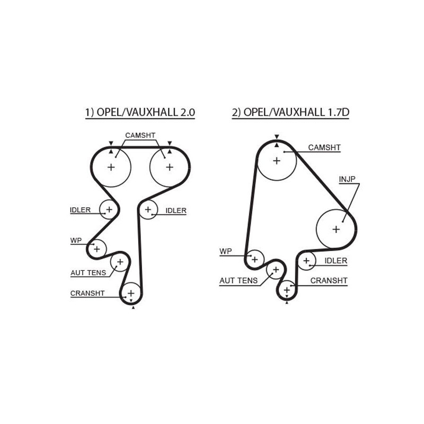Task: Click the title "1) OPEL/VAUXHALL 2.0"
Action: [x=140, y=112]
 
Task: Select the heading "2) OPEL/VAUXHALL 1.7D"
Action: [x=290, y=112]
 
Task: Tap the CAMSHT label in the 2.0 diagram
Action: [x=140, y=135]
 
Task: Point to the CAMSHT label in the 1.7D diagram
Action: [x=324, y=148]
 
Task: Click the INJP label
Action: [x=347, y=179]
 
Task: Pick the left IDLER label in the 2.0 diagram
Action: [x=80, y=210]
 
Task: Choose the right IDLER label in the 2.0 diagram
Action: [x=176, y=210]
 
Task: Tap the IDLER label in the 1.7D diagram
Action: [x=336, y=261]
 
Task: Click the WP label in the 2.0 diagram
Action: [x=76, y=241]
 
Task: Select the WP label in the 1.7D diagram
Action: [x=226, y=251]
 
